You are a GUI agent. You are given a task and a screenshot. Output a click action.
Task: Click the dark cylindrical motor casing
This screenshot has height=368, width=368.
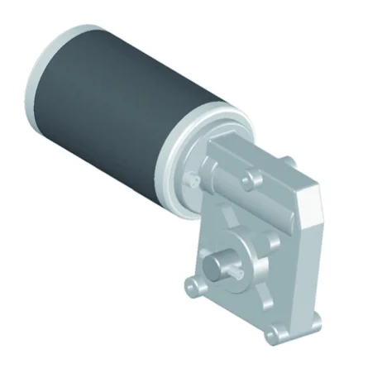coord(116,108)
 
